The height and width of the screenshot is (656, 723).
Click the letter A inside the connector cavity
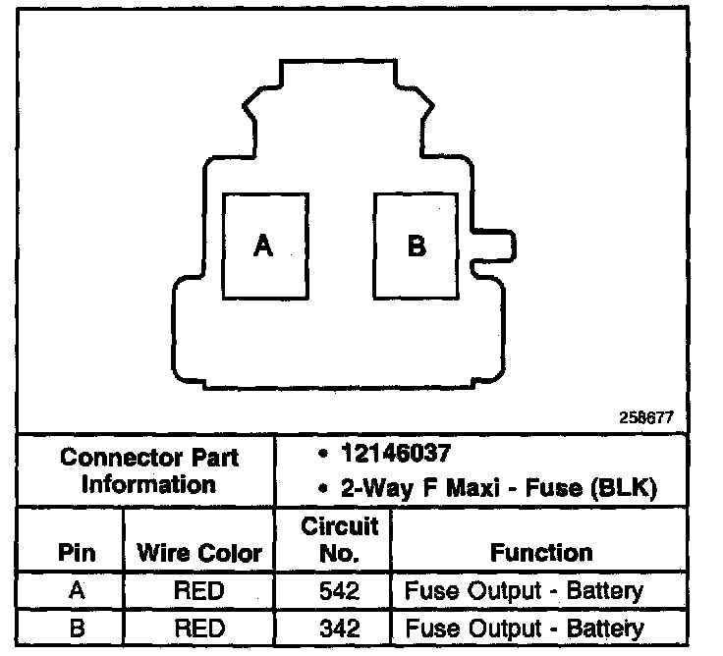(262, 246)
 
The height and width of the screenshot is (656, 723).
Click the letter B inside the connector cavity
(417, 246)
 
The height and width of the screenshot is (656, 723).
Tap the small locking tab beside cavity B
(494, 246)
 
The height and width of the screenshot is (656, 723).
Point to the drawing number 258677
(645, 416)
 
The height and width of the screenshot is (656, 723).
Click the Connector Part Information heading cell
(149, 471)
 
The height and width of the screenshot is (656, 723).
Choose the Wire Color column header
(199, 553)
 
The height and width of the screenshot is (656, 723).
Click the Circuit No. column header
(339, 539)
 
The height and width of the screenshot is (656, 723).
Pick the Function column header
(541, 553)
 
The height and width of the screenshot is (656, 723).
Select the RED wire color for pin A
(199, 591)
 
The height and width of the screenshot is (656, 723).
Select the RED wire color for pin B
(199, 628)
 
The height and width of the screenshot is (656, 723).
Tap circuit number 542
(339, 591)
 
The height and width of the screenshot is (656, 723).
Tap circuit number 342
(339, 628)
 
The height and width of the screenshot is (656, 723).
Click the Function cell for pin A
(524, 591)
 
